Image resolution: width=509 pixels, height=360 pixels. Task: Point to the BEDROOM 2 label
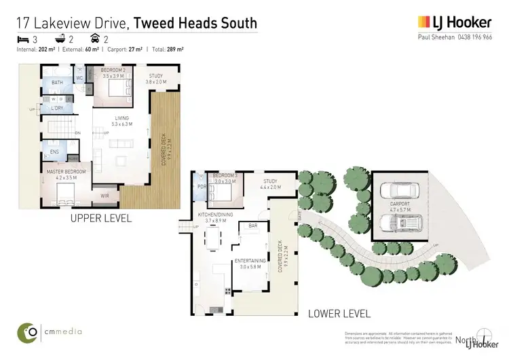tap(113, 71)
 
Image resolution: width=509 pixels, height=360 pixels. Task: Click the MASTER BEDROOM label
tap(66, 172)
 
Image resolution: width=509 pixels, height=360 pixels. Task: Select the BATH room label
tap(57, 83)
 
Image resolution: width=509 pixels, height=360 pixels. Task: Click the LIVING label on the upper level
tap(121, 118)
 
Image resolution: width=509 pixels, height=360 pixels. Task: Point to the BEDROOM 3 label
tap(225, 175)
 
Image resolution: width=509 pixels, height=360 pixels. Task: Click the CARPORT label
tap(400, 203)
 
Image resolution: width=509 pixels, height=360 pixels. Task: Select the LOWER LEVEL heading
tap(339, 314)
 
